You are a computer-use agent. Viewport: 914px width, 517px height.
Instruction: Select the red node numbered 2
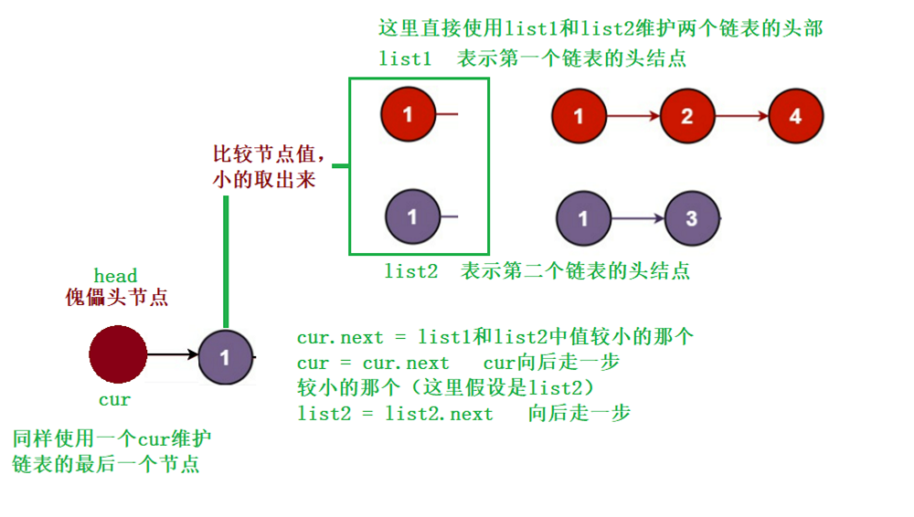(687, 117)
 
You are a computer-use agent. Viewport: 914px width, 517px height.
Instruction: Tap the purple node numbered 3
(692, 219)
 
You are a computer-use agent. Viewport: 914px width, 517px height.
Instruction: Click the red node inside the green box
(409, 114)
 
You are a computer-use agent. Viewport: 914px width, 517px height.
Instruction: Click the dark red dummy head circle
(118, 354)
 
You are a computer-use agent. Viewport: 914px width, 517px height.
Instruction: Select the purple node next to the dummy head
(225, 355)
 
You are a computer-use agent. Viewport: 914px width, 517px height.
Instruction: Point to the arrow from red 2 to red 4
(742, 117)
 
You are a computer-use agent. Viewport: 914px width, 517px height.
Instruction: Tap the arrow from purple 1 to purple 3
(638, 219)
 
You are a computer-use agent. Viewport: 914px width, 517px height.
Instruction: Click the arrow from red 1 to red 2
(632, 117)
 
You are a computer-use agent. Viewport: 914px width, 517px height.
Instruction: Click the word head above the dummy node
(116, 276)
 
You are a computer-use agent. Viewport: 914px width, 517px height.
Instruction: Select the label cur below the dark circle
(115, 400)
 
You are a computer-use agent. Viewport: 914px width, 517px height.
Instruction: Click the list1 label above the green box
(405, 58)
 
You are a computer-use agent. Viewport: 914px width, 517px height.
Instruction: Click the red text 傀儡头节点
(117, 297)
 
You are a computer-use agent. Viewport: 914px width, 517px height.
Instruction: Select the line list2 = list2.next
(395, 413)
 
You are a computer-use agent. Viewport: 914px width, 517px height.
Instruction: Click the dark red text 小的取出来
(264, 180)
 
